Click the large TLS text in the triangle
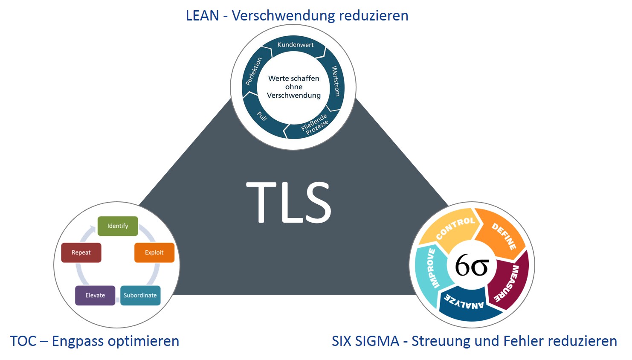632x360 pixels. pos(289,202)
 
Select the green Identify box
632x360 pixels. pos(118,226)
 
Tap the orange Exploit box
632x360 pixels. pos(154,253)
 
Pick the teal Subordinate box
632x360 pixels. pos(140,295)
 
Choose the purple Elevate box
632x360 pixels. pos(95,295)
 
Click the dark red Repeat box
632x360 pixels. pos(81,253)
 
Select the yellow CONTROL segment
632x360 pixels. pos(455,228)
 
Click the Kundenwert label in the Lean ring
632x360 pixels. pos(295,45)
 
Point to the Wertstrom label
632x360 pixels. pos(336,81)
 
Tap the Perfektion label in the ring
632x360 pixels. pos(254,71)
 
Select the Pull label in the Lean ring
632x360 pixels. pos(262,116)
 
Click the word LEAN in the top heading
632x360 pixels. pos(202,16)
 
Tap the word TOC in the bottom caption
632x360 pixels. pos(23,341)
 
